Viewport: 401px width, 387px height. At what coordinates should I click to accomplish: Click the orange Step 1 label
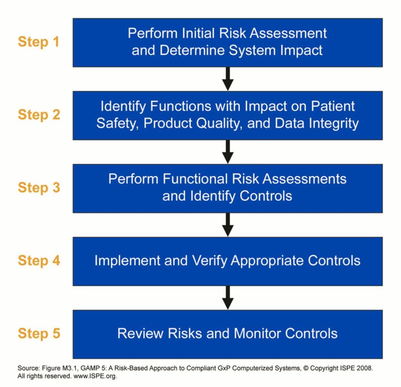pos(38,42)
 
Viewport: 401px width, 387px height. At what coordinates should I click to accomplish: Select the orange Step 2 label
pos(38,115)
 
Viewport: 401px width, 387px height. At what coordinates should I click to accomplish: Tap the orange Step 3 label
pos(38,188)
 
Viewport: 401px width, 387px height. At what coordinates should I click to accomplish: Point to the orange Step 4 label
pos(38,261)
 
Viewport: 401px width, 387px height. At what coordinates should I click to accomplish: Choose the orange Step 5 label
pos(38,334)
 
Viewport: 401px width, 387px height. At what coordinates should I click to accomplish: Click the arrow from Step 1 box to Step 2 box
pos(228,79)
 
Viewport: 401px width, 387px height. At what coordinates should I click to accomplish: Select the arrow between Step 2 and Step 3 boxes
pos(228,152)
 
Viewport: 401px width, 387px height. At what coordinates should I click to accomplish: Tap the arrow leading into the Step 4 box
pos(228,225)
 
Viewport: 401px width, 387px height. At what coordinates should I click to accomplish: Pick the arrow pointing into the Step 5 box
pos(228,298)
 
